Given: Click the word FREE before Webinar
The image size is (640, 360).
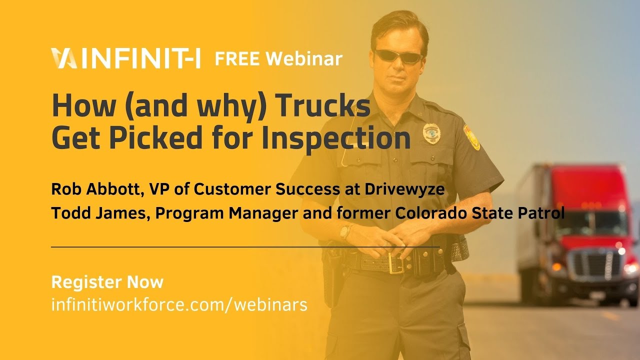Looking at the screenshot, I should [x=237, y=58].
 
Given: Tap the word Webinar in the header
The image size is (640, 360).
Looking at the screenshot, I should [x=304, y=58].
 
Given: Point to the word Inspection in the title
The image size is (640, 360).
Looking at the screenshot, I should [x=336, y=138].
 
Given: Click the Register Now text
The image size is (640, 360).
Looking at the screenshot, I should [x=107, y=282].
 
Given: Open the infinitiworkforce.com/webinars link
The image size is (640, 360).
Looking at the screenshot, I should [x=179, y=304].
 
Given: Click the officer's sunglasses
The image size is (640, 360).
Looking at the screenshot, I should [x=398, y=56].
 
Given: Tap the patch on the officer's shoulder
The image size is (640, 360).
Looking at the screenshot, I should [x=471, y=137].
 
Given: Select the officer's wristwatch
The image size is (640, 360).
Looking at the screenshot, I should [x=345, y=231].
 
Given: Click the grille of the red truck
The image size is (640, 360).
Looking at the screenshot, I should [x=596, y=262].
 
